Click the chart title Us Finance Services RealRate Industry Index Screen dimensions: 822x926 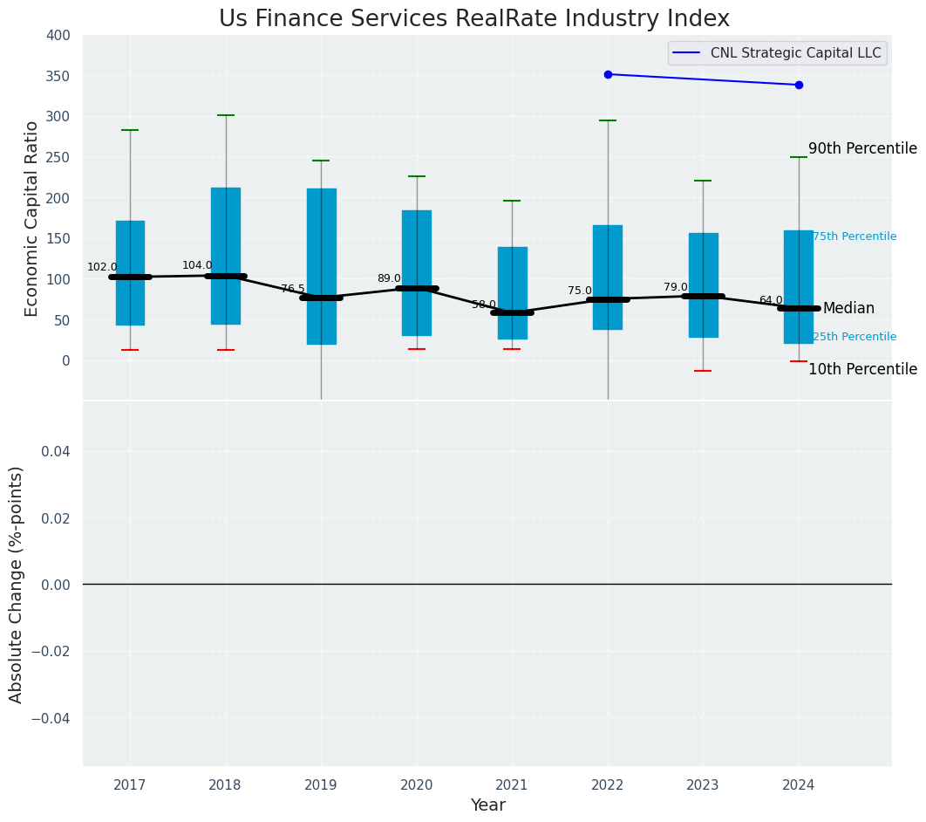[473, 19]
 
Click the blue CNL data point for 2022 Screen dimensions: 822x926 [608, 74]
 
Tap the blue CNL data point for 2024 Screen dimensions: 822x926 [799, 85]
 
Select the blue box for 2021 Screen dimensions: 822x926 [512, 279]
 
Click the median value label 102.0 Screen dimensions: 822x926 [102, 268]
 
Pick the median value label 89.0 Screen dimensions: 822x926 [389, 279]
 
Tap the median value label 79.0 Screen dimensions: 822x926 [675, 288]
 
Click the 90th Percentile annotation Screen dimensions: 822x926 [862, 149]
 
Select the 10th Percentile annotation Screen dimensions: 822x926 [862, 370]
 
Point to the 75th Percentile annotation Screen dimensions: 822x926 [855, 236]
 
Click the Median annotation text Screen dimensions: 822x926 [848, 309]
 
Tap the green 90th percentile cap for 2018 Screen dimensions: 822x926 [226, 115]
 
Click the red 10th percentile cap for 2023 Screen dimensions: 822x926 [703, 371]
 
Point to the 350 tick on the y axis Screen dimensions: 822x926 [58, 76]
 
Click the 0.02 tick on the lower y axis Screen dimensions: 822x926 [56, 518]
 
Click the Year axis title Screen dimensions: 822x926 [487, 805]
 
